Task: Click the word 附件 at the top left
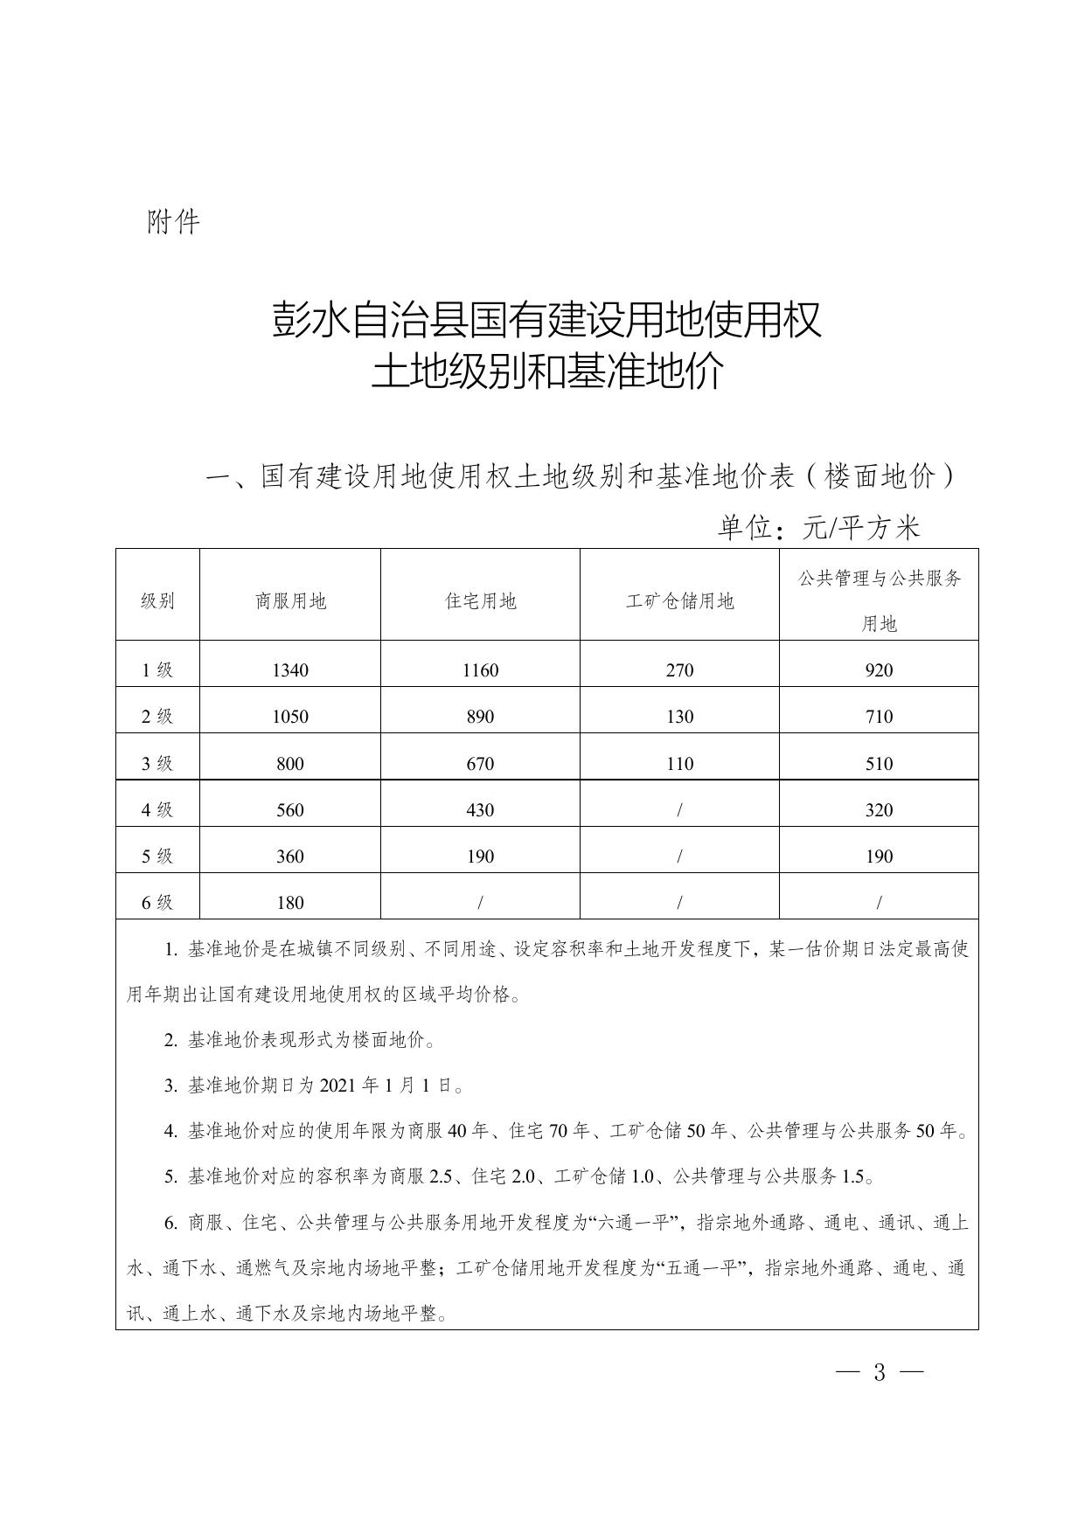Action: pyautogui.click(x=174, y=222)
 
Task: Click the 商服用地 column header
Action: pyautogui.click(x=290, y=601)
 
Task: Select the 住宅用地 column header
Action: pyautogui.click(x=480, y=601)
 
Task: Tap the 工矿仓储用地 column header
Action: pyautogui.click(x=679, y=601)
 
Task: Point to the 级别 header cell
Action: pyautogui.click(x=157, y=601)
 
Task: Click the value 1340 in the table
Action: pyautogui.click(x=290, y=670)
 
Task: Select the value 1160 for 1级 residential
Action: pyautogui.click(x=480, y=670)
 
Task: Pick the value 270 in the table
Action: pyautogui.click(x=679, y=670)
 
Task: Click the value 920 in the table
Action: pyautogui.click(x=879, y=670)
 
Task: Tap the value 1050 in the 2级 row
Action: pyautogui.click(x=290, y=717)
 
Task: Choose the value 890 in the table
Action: pyautogui.click(x=480, y=717)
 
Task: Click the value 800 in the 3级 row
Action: pyautogui.click(x=290, y=764)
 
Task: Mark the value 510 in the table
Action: pyautogui.click(x=879, y=764)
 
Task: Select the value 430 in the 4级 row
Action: pyautogui.click(x=480, y=810)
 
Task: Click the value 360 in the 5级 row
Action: pyautogui.click(x=290, y=857)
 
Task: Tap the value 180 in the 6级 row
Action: pyautogui.click(x=290, y=903)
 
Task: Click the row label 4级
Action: pyautogui.click(x=157, y=810)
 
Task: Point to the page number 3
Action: pyautogui.click(x=880, y=1373)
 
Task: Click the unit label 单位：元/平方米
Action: pyautogui.click(x=819, y=528)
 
